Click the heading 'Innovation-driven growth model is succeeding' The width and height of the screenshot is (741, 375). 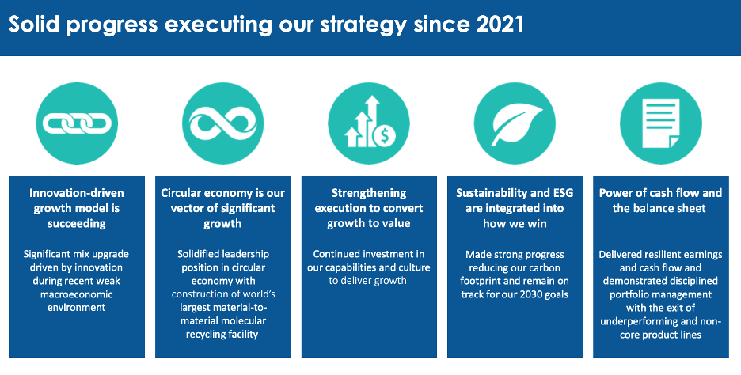(x=77, y=208)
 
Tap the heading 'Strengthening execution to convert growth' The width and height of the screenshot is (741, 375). (x=368, y=208)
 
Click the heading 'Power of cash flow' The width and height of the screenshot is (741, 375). (x=660, y=200)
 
